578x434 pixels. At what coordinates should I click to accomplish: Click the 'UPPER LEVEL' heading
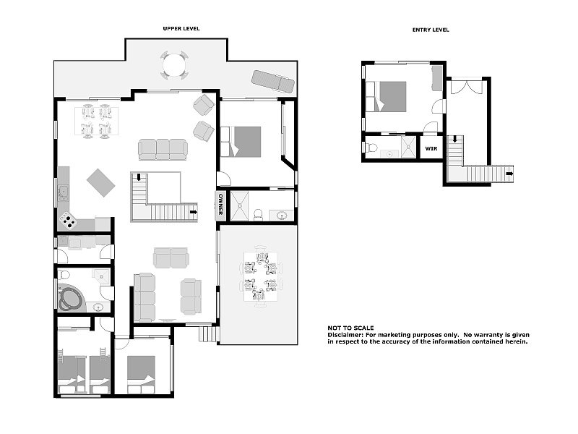(181, 28)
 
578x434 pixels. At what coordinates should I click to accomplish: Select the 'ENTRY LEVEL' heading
(431, 30)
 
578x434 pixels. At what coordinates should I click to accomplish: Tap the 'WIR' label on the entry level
(431, 148)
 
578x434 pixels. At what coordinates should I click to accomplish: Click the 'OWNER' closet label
(221, 205)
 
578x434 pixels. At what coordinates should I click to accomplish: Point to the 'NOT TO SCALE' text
(350, 328)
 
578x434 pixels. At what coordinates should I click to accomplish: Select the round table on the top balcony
(174, 66)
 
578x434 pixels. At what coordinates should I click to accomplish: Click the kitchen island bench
(100, 182)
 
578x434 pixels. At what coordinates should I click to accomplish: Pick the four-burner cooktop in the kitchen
(68, 218)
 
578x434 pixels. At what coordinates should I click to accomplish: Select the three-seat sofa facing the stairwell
(163, 150)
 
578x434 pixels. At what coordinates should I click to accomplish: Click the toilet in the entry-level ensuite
(371, 149)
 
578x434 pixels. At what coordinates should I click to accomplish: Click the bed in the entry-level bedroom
(390, 96)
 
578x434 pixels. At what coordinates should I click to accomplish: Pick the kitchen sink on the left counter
(63, 192)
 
